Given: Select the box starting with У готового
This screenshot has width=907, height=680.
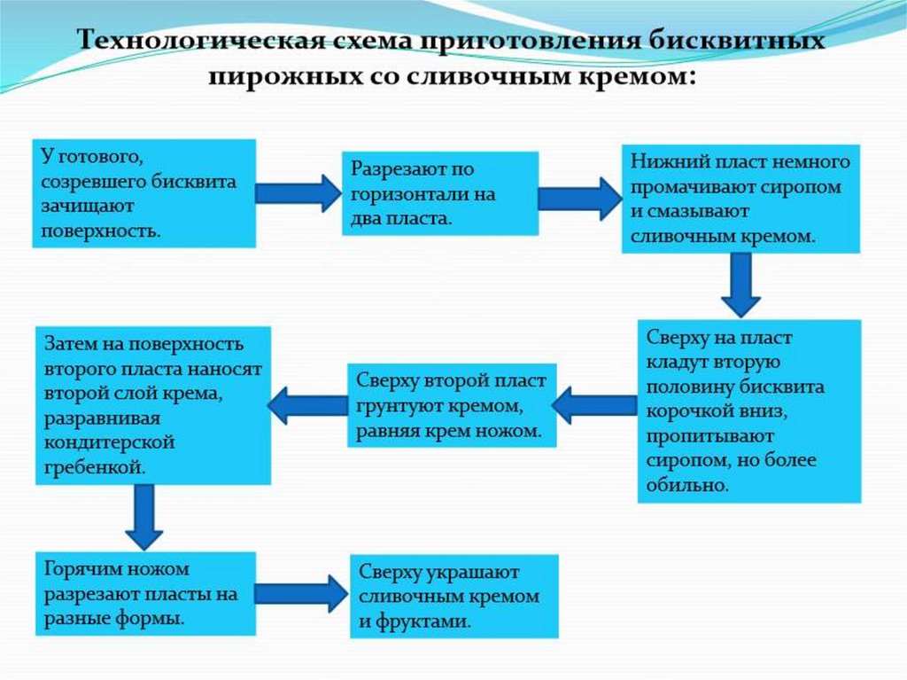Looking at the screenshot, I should (145, 193).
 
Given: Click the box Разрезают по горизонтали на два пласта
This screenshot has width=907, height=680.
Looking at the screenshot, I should (440, 193).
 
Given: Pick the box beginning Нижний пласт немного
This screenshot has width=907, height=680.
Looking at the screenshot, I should (740, 199).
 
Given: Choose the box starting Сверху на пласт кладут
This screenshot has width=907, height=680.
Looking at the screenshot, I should (748, 411).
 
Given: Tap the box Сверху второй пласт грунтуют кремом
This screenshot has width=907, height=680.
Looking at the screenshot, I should (452, 405).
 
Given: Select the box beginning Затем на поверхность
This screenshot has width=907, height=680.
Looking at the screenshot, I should (152, 405).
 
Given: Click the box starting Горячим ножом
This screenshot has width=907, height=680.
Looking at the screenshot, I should (145, 593).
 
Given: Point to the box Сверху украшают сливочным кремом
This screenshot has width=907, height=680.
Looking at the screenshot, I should (454, 596).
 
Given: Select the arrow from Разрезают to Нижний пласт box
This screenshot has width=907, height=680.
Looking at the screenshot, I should (580, 198).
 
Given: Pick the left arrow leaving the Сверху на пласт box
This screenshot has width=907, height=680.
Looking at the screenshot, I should (593, 405).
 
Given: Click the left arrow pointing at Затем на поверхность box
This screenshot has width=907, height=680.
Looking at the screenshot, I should (307, 405).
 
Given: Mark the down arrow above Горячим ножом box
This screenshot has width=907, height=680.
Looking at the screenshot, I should (143, 516).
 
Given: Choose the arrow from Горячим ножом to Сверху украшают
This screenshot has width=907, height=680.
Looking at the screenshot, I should (301, 592).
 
